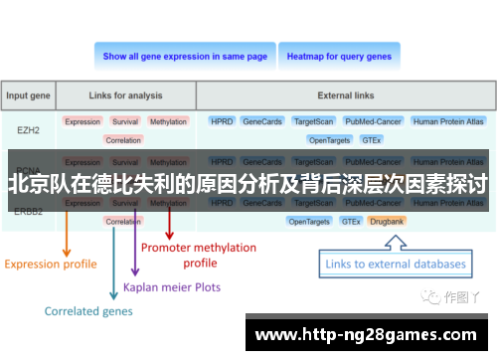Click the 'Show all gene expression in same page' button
(x=185, y=57)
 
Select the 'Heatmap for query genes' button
(x=339, y=57)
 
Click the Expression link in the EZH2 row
(x=83, y=121)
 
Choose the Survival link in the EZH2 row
(x=125, y=121)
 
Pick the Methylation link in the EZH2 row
(x=168, y=121)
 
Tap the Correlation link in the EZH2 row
(x=122, y=140)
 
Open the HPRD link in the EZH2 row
(x=221, y=121)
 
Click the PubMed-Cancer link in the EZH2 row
(x=372, y=121)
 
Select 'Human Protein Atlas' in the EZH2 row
(x=449, y=121)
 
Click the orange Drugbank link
(x=387, y=221)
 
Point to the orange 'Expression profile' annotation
(x=51, y=265)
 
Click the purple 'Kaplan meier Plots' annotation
(x=171, y=287)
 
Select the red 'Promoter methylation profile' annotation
(x=199, y=255)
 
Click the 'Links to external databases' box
(x=396, y=265)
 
